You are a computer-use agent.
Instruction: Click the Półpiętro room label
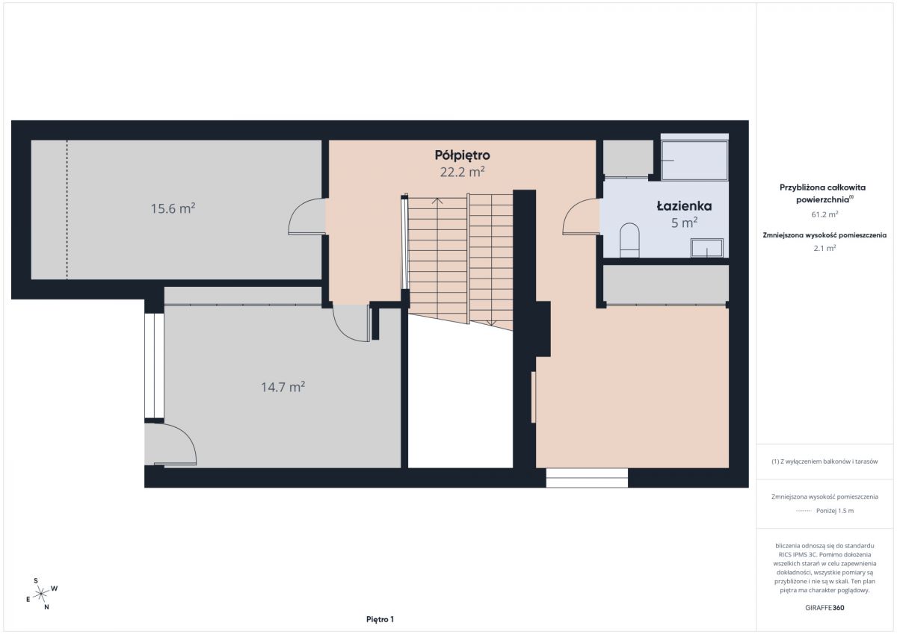click(x=462, y=155)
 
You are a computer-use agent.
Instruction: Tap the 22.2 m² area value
click(x=462, y=172)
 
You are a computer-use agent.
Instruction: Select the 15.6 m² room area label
click(x=173, y=208)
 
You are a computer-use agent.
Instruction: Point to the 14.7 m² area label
click(x=283, y=387)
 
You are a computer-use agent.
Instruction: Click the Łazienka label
click(x=684, y=206)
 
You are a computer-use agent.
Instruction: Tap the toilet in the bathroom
click(x=629, y=240)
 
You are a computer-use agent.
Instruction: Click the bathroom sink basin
click(x=707, y=248)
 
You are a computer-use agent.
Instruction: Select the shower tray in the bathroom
click(x=694, y=161)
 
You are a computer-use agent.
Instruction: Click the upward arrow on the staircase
click(x=437, y=201)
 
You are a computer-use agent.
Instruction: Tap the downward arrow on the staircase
click(x=491, y=323)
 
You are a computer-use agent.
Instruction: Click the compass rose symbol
click(x=41, y=594)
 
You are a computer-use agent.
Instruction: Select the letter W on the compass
click(x=55, y=588)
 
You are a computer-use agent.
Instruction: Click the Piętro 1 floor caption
click(x=380, y=619)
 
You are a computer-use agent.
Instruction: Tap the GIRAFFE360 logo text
click(x=824, y=608)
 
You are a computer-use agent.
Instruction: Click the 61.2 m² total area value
click(x=824, y=214)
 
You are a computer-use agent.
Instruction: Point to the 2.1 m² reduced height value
click(x=824, y=248)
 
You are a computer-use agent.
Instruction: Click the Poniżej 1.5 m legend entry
click(x=834, y=511)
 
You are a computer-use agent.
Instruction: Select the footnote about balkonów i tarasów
click(x=824, y=461)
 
